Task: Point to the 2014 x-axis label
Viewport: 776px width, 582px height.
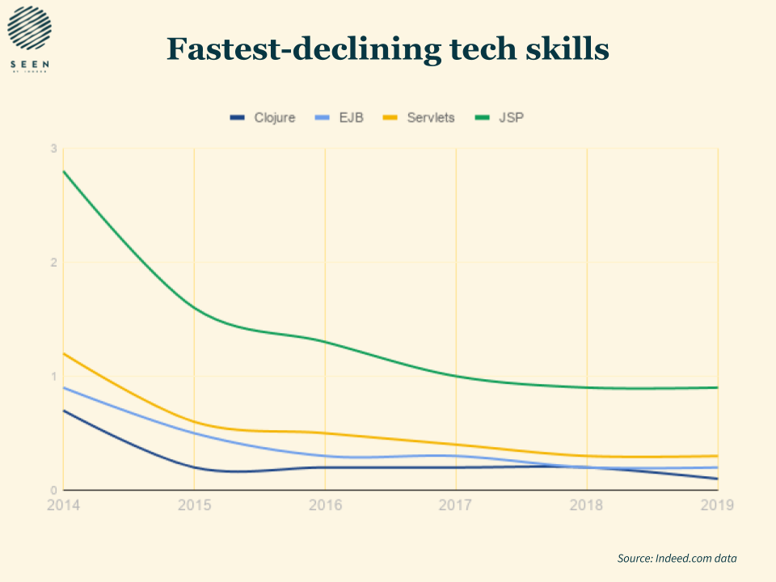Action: [64, 505]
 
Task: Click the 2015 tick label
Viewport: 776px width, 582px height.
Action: [194, 505]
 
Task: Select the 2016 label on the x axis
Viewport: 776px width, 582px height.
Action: [325, 505]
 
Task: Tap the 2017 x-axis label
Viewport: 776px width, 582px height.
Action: [456, 505]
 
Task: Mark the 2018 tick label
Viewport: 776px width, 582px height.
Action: [587, 505]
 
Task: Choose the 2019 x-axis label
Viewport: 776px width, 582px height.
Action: [717, 505]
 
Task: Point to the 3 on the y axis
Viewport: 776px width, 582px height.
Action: [53, 149]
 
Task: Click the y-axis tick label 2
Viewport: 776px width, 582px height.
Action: [53, 263]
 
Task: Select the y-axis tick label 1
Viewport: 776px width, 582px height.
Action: [53, 377]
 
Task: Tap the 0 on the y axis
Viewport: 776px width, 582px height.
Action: [53, 490]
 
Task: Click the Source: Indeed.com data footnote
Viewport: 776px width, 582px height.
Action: [677, 558]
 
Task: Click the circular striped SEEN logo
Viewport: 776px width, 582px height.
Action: [29, 29]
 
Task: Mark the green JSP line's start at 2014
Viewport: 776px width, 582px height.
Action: [64, 171]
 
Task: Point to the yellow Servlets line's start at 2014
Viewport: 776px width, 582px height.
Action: [64, 353]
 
